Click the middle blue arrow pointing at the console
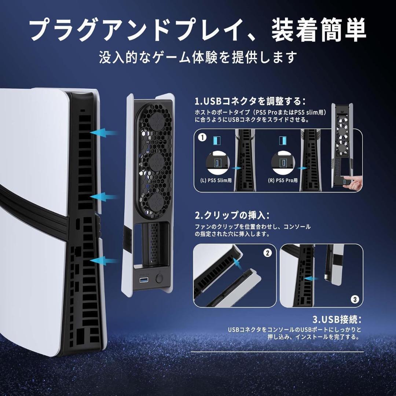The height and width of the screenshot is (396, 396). tap(104, 197)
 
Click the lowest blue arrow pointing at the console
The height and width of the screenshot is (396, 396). tap(104, 261)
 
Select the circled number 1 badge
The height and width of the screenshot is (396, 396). tap(201, 138)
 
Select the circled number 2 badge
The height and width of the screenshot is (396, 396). tap(268, 253)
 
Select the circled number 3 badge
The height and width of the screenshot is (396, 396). tap(354, 299)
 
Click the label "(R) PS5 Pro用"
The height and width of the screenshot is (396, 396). tap(283, 180)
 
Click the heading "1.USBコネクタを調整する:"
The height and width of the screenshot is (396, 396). tap(250, 101)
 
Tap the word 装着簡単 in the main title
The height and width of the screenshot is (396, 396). tap(319, 31)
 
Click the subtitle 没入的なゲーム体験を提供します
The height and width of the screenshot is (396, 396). tap(198, 58)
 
